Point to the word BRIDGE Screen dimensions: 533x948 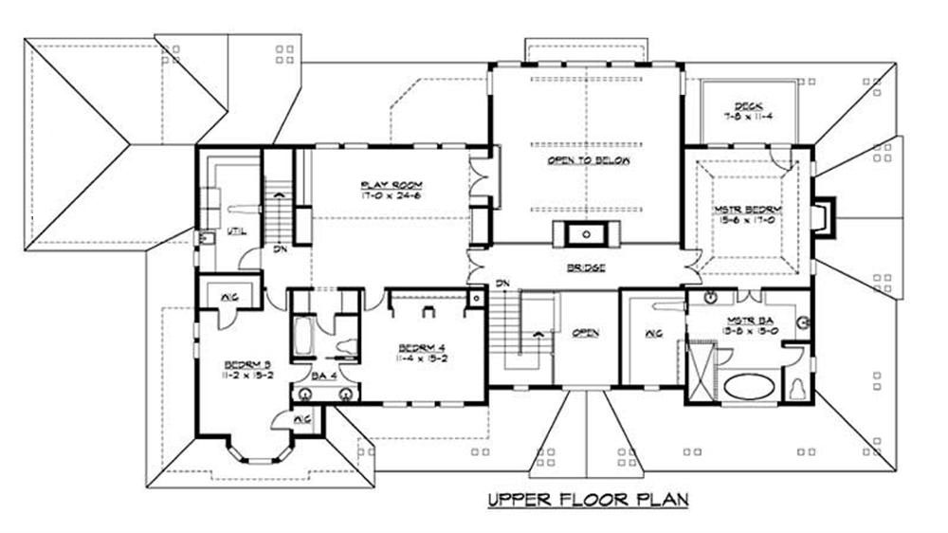tap(586, 268)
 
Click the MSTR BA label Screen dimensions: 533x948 tap(746, 322)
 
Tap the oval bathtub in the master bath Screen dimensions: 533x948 tap(750, 387)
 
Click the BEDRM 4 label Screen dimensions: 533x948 tap(418, 348)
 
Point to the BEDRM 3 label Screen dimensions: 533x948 tap(243, 364)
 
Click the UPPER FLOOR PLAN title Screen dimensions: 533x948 tap(588, 499)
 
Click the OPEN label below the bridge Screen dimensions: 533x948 tap(586, 333)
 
